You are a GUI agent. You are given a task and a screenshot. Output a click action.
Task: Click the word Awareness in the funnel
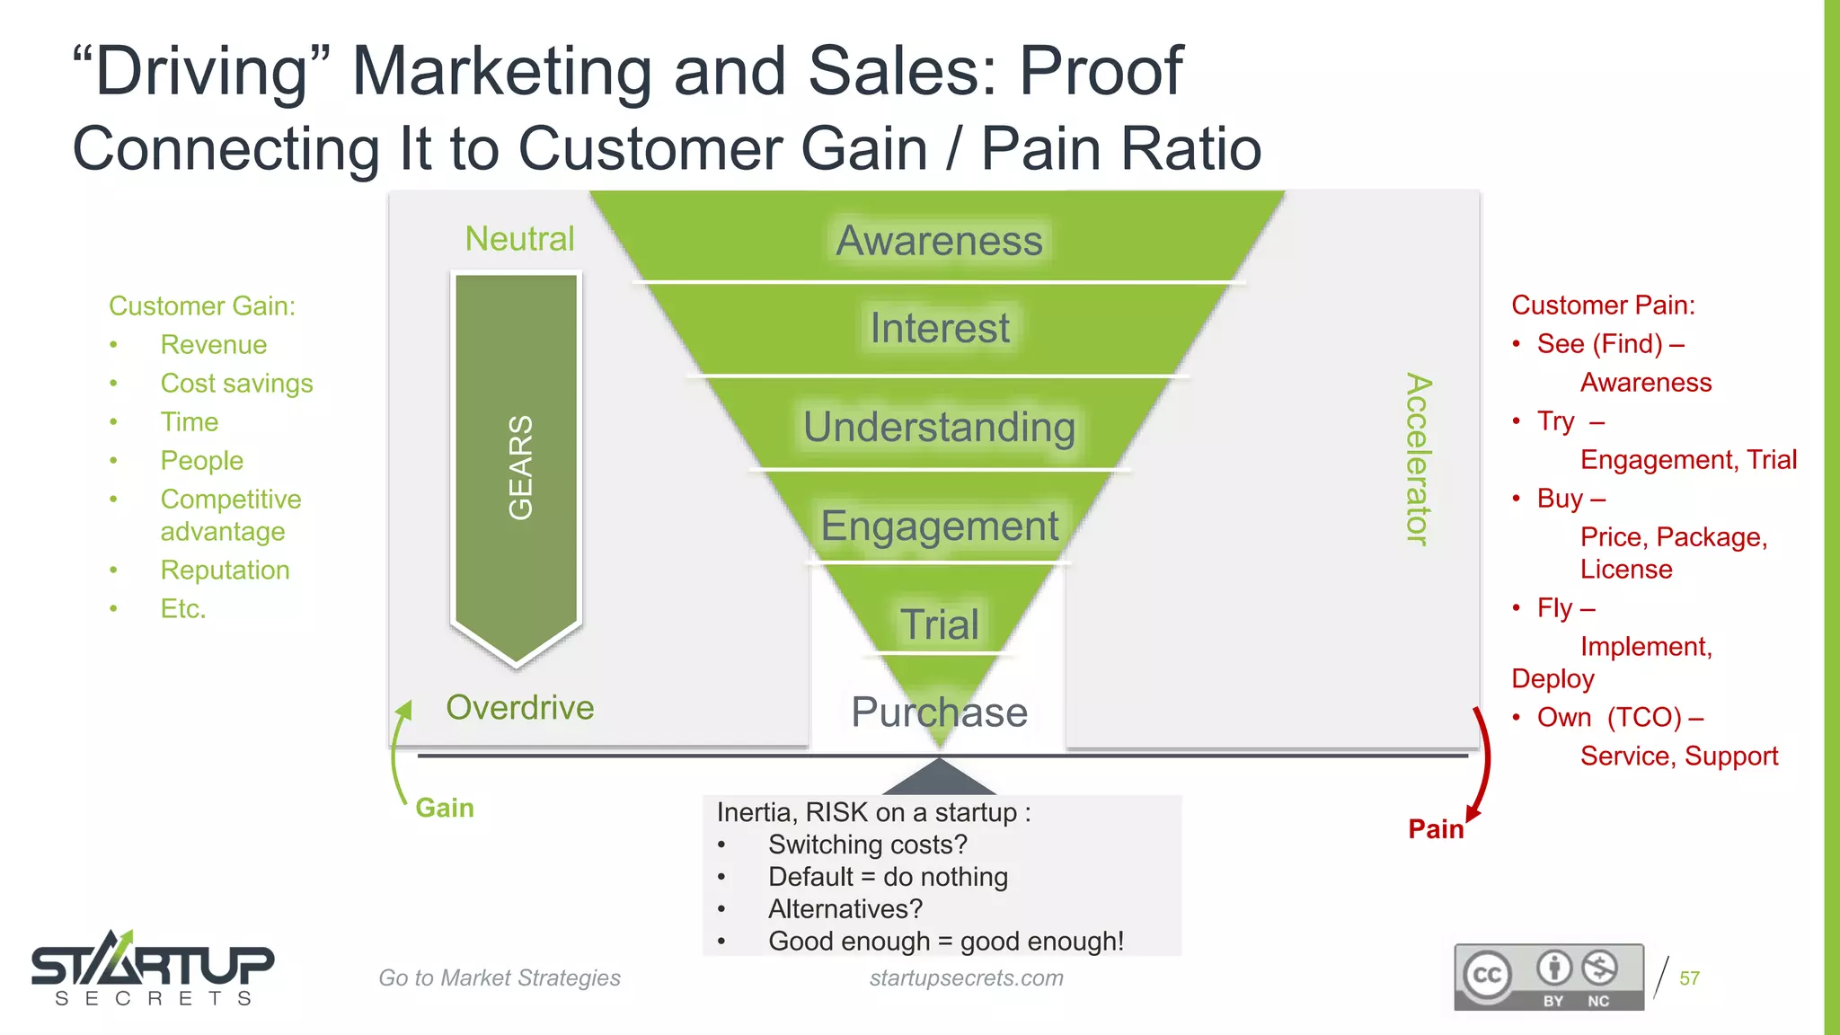click(x=939, y=241)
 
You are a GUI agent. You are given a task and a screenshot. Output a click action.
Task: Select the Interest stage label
click(x=939, y=328)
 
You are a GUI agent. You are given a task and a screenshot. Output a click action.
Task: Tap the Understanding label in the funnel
click(x=939, y=427)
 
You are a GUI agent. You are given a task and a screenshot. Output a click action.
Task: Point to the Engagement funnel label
click(x=939, y=526)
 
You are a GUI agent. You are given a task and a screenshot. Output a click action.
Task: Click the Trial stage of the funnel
click(x=939, y=624)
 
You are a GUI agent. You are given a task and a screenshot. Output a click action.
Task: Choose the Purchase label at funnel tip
click(x=939, y=712)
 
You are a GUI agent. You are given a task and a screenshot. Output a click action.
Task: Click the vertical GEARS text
click(x=520, y=467)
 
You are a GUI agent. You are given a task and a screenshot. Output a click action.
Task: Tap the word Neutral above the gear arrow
click(x=519, y=239)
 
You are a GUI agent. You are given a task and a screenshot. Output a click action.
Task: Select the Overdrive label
click(x=519, y=708)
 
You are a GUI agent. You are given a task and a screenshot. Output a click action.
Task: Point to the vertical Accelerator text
click(x=1418, y=458)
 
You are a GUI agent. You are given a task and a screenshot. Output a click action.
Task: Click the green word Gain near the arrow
click(x=444, y=808)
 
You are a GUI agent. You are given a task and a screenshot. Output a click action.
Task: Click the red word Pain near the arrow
click(x=1435, y=829)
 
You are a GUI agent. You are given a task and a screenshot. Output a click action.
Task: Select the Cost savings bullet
click(x=236, y=384)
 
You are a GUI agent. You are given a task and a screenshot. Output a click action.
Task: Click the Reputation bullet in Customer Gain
click(x=225, y=571)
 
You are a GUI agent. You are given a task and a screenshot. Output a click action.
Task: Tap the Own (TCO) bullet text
click(x=1619, y=718)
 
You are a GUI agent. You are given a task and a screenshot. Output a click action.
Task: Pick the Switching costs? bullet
click(x=867, y=845)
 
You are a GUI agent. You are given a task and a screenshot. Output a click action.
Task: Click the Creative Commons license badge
click(x=1549, y=977)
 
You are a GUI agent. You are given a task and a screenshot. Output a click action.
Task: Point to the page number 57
click(x=1689, y=978)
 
